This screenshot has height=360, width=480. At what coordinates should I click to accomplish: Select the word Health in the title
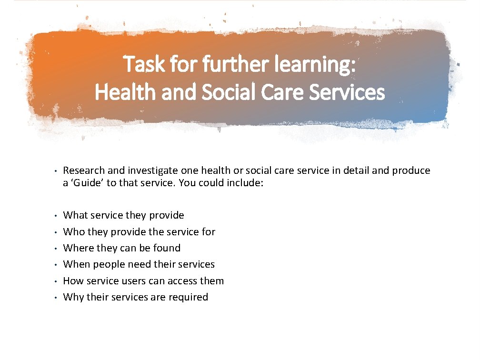tap(122, 92)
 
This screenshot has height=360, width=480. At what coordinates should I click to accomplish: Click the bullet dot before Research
tap(56, 171)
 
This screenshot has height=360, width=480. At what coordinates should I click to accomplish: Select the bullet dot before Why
tap(56, 298)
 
